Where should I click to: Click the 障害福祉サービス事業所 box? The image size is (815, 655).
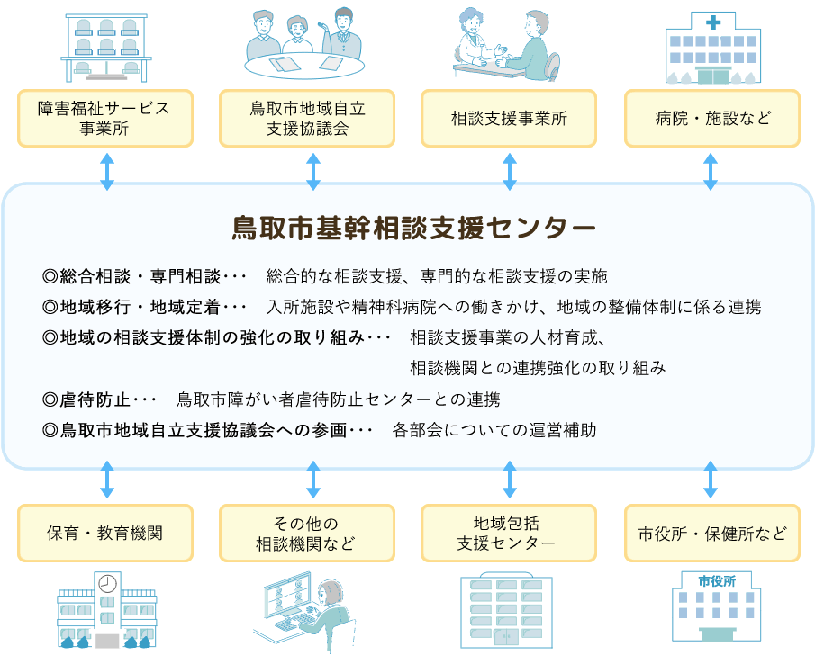(x=105, y=119)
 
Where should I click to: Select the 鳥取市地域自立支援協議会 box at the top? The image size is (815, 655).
(x=307, y=119)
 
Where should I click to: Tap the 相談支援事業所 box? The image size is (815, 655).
(x=508, y=119)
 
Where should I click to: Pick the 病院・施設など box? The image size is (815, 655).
(x=712, y=119)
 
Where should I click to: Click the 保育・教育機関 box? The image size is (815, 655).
(x=105, y=533)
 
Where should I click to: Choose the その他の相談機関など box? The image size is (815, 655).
(x=307, y=533)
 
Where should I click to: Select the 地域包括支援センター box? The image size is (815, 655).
(x=508, y=533)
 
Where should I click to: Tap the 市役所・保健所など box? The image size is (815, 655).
(x=712, y=533)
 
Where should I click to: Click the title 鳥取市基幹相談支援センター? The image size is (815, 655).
(x=413, y=228)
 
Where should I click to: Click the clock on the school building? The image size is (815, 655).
(x=107, y=584)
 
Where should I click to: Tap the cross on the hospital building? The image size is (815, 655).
(x=713, y=22)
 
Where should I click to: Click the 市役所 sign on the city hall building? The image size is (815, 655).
(x=717, y=581)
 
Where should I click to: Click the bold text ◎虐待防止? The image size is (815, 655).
(x=86, y=399)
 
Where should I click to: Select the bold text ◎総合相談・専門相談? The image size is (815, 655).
(x=132, y=276)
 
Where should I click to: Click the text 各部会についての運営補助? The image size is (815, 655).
(x=494, y=430)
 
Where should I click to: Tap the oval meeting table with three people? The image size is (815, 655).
(x=304, y=66)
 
